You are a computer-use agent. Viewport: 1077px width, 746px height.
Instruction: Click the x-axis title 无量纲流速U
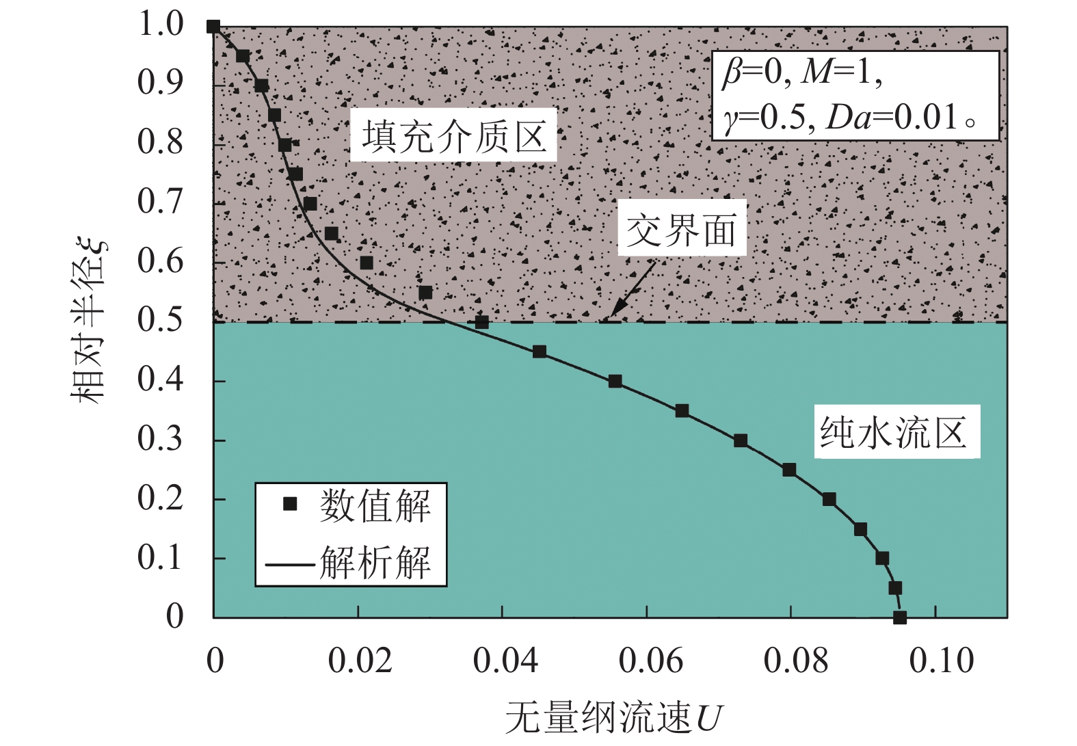coord(613,719)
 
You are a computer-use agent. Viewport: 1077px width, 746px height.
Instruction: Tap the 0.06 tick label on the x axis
coord(650,661)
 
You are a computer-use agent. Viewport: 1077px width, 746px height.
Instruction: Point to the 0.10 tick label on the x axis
coord(941,661)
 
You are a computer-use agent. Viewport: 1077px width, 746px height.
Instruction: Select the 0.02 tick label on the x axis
coord(360,661)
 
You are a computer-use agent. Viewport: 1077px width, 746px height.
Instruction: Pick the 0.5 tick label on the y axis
coord(161,320)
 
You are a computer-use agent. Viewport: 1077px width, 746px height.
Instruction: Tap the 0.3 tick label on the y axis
coord(161,439)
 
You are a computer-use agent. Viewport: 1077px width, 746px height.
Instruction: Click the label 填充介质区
coord(453,136)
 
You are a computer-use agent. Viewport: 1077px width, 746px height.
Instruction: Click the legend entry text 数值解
coord(375,507)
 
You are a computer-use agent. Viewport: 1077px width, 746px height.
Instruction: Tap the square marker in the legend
coord(290,505)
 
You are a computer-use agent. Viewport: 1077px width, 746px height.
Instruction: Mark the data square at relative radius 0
coord(900,617)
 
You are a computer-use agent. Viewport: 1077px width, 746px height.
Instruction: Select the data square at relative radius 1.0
coord(213,27)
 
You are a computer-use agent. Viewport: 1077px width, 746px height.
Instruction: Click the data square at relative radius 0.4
coord(615,382)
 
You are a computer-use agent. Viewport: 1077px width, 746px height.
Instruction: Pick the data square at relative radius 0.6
coord(367,263)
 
